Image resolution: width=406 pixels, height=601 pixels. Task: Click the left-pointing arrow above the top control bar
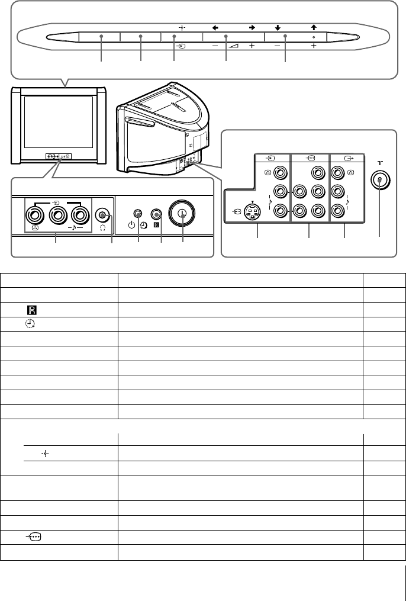[215, 27]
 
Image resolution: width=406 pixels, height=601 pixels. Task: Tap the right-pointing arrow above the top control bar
[252, 27]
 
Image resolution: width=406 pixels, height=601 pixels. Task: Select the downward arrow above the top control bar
[276, 27]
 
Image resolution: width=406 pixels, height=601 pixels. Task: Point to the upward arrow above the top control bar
[312, 27]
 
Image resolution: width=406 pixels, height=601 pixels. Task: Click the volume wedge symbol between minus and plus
[235, 44]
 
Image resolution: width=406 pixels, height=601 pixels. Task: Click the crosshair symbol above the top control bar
[182, 27]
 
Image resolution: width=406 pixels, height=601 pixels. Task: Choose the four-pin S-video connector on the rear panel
[253, 211]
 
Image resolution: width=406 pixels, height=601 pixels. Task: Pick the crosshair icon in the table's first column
[44, 452]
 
